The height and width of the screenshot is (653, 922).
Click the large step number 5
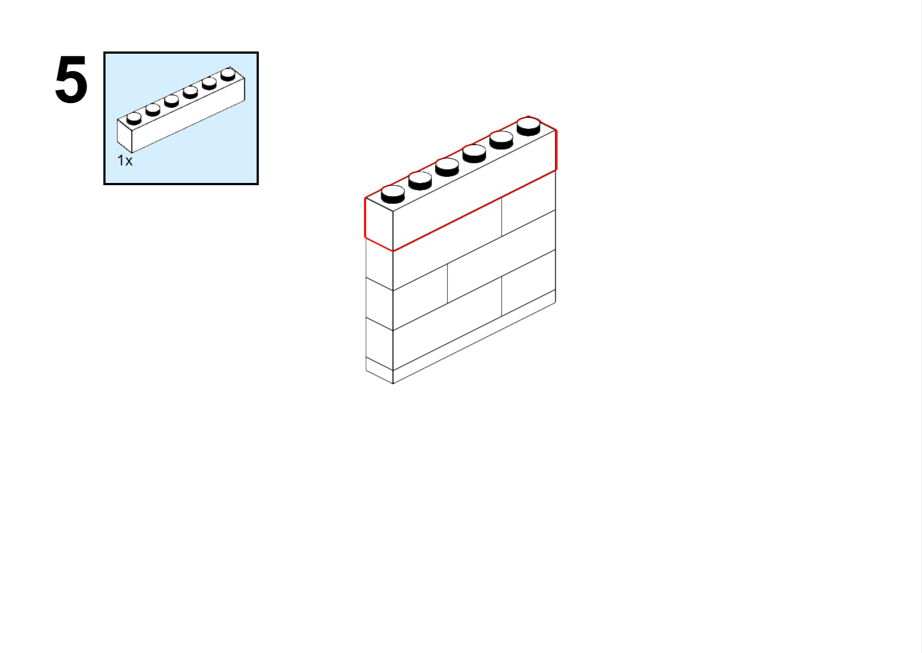(71, 79)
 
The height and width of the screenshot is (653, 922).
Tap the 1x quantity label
(125, 161)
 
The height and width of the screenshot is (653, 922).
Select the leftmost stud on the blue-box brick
(134, 118)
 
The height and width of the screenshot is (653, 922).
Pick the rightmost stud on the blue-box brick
(228, 75)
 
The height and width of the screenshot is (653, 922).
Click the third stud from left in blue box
(171, 101)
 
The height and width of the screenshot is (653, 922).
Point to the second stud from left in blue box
(153, 110)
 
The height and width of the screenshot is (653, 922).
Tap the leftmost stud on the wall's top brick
(393, 194)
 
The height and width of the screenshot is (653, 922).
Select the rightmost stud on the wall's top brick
(528, 127)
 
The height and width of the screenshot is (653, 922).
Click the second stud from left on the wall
(420, 181)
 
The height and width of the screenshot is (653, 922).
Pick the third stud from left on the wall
(447, 167)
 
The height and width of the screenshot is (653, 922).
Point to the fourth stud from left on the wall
(474, 153)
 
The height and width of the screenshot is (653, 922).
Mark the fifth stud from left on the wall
(502, 140)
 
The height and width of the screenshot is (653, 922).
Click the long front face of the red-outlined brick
(474, 190)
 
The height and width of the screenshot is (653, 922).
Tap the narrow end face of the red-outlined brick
(379, 225)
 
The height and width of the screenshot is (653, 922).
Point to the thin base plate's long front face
(474, 337)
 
